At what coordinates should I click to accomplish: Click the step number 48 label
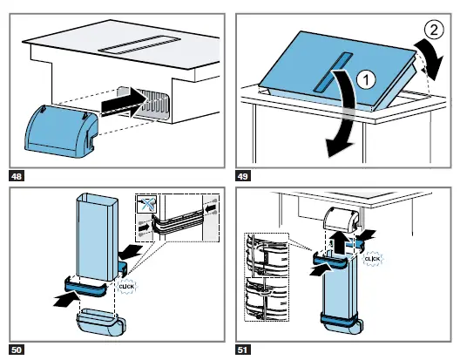17,176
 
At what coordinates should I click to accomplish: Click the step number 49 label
243,176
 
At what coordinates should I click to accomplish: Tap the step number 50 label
17,350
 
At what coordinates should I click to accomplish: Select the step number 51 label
243,350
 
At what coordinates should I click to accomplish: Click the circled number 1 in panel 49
366,80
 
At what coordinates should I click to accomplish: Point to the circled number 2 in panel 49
434,30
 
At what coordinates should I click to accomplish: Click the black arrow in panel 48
125,104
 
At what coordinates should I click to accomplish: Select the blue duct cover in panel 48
61,131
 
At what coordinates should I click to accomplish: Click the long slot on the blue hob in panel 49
333,71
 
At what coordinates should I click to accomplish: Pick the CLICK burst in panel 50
126,287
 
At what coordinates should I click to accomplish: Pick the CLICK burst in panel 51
373,259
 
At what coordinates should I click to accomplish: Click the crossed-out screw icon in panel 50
146,204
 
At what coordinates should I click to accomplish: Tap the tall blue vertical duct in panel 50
97,237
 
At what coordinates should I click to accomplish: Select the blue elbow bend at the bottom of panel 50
101,323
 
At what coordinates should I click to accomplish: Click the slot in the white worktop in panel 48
139,44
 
